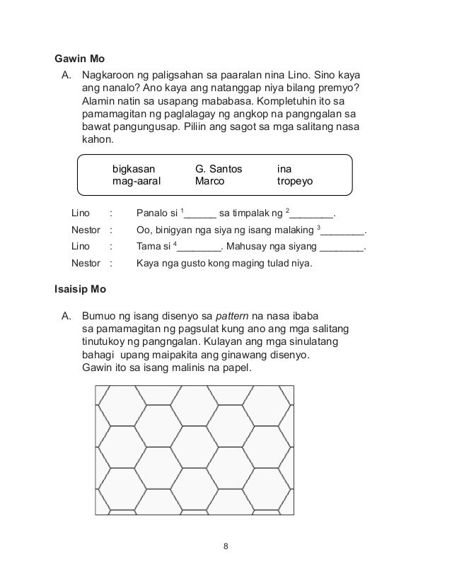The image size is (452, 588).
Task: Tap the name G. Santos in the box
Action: pyautogui.click(x=219, y=169)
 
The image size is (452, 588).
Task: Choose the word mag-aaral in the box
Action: pyautogui.click(x=137, y=181)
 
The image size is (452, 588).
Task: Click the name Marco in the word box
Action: pyautogui.click(x=210, y=181)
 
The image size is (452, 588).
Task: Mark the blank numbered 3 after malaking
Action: pyautogui.click(x=344, y=231)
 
